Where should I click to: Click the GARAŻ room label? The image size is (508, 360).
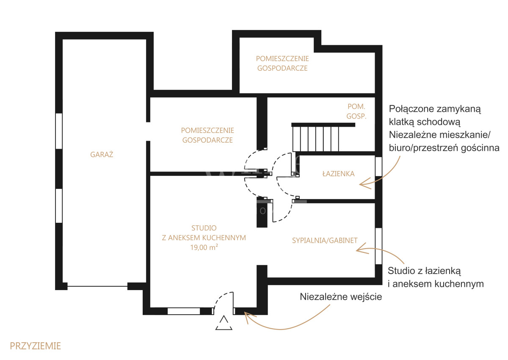(102, 154)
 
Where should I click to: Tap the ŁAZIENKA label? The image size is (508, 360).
(338, 174)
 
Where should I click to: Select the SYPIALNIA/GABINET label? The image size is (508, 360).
(325, 241)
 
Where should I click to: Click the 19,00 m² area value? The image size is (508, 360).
(204, 247)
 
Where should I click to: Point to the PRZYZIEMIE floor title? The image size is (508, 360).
(36, 346)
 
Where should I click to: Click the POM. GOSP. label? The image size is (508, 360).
(356, 111)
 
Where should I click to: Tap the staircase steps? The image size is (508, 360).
(316, 139)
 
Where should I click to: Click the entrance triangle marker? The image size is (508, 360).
(224, 322)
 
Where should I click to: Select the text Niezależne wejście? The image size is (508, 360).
(341, 297)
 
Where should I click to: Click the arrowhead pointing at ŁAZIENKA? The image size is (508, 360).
(364, 184)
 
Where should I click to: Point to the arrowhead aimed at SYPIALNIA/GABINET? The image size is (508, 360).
(362, 249)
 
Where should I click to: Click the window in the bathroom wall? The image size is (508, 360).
(378, 166)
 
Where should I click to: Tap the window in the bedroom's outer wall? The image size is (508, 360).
(378, 246)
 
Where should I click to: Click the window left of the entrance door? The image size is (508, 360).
(184, 311)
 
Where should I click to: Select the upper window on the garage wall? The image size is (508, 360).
(59, 131)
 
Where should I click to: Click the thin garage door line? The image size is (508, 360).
(97, 286)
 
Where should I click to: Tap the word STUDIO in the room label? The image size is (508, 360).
(204, 228)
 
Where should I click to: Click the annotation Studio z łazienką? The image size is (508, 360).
(424, 271)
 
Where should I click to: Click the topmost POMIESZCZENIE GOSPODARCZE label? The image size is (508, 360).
(282, 64)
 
